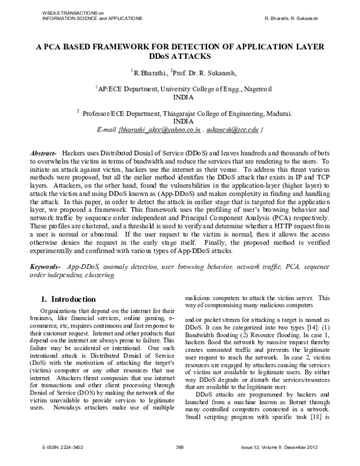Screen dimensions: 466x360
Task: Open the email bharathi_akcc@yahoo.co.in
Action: tap(160, 129)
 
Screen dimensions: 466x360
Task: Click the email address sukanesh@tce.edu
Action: tap(232, 129)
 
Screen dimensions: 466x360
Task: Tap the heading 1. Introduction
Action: tap(68, 298)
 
